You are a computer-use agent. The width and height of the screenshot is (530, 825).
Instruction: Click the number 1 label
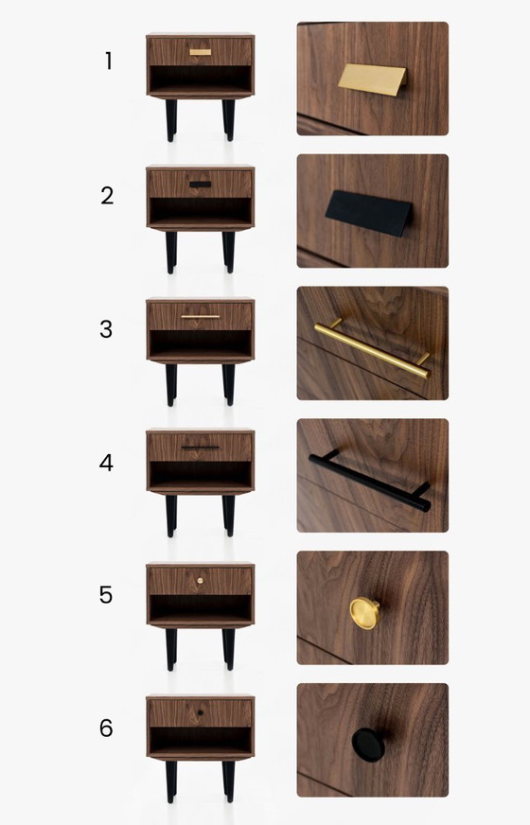tap(109, 61)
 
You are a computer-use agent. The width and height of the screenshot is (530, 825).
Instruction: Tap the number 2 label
tap(107, 196)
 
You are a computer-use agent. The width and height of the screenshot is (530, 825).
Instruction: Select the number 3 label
tap(106, 329)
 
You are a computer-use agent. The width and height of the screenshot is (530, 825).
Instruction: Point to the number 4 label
tap(106, 463)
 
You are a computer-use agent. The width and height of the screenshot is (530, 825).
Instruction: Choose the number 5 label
tap(106, 594)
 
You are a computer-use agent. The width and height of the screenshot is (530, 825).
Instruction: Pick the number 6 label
tap(106, 728)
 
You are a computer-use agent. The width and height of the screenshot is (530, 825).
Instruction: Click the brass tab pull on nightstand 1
tap(201, 52)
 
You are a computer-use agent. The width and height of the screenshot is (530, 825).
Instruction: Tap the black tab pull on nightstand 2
tap(201, 184)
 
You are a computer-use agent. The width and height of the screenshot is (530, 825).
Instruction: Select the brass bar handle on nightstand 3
tap(201, 317)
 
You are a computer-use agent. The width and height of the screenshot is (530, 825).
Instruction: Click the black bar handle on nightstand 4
tap(201, 448)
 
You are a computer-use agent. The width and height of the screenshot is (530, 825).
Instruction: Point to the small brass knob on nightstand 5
tap(200, 580)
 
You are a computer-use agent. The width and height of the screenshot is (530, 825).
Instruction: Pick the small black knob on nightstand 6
tap(200, 713)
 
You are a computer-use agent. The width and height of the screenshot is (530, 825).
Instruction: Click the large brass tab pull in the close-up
tap(372, 79)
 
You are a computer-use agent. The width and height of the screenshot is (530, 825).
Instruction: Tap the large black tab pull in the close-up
tap(368, 213)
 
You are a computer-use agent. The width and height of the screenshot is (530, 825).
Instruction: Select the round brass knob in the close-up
tap(364, 613)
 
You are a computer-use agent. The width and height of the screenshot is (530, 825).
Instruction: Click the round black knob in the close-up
tap(368, 745)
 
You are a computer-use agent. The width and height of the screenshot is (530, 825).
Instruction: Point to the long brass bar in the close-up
tap(372, 350)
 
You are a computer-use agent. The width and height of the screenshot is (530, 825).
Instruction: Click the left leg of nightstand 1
tap(171, 120)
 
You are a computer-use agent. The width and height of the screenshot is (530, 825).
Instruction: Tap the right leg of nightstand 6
tap(229, 781)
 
